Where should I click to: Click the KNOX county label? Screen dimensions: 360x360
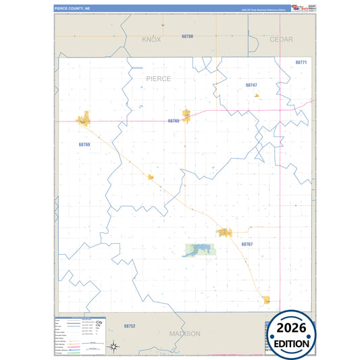[x=152, y=40]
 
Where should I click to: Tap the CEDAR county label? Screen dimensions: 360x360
[x=281, y=40]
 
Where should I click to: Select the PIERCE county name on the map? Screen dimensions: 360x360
[x=159, y=79]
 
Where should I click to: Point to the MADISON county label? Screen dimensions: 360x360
[x=184, y=334]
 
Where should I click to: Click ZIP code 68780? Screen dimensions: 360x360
[x=187, y=36]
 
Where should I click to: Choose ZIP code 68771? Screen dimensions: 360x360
[x=301, y=62]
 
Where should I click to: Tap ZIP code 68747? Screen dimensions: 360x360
[x=251, y=85]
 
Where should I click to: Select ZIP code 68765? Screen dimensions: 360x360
[x=174, y=121]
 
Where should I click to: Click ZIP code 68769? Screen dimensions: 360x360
[x=84, y=145]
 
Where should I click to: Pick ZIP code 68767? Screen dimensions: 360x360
[x=247, y=244]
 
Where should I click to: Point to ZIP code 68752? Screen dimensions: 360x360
[x=130, y=326]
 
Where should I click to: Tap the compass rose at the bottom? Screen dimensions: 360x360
[x=115, y=347]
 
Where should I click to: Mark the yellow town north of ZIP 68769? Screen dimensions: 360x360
[x=84, y=120]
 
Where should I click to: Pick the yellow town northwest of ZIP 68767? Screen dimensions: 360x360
[x=225, y=232]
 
